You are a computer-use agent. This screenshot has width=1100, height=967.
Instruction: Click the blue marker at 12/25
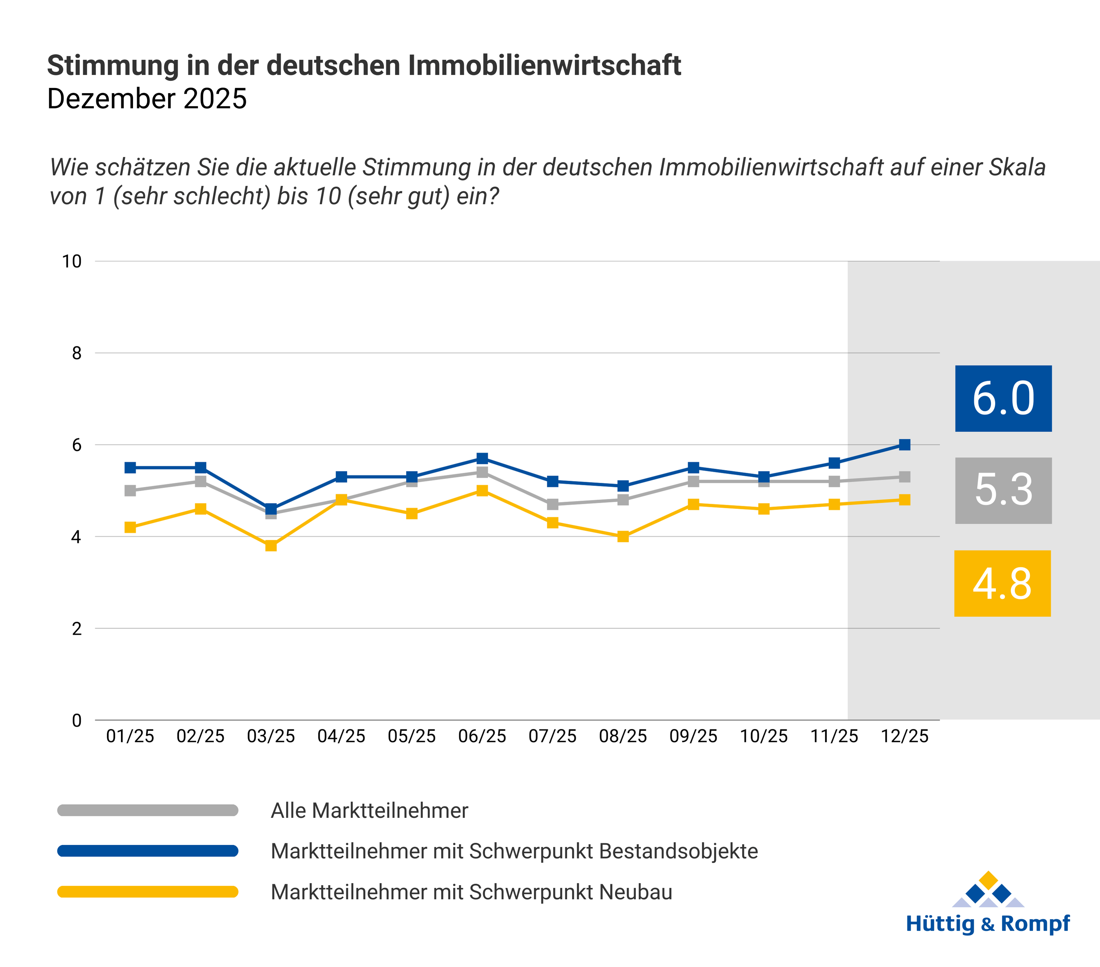click(x=905, y=445)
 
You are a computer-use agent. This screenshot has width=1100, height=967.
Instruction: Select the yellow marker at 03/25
click(x=271, y=545)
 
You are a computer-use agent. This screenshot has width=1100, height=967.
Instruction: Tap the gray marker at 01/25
click(x=130, y=490)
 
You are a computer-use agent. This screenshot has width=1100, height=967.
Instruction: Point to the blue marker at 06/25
click(x=482, y=458)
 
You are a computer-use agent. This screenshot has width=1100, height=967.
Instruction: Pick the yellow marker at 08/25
click(x=623, y=536)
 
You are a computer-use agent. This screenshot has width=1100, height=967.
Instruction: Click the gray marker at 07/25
click(x=553, y=504)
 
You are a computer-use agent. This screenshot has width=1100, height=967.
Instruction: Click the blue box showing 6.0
click(x=1003, y=399)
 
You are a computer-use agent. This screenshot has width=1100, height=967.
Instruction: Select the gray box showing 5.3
click(x=1003, y=490)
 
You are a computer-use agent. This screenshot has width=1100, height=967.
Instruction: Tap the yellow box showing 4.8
click(x=1002, y=583)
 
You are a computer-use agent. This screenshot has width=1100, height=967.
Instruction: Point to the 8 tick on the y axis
click(x=77, y=353)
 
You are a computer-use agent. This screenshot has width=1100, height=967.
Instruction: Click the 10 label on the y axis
click(x=71, y=262)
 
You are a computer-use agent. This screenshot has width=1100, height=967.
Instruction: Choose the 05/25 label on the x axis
click(x=412, y=736)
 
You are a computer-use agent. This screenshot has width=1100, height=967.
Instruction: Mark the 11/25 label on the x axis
click(x=834, y=736)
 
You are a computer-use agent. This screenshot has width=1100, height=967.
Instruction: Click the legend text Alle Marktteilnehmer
click(x=369, y=810)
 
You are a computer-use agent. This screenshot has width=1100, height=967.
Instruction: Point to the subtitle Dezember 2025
click(x=147, y=99)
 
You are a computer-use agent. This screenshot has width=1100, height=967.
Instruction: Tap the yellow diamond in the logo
click(x=988, y=880)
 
